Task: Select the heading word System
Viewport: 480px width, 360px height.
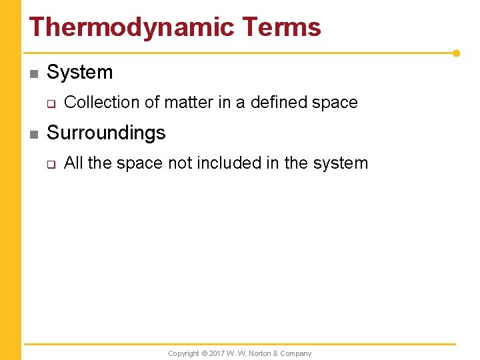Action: [80, 72]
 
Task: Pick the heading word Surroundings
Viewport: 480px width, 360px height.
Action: [106, 133]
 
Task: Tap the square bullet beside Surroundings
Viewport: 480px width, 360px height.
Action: [34, 134]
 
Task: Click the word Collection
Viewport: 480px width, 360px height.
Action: [102, 103]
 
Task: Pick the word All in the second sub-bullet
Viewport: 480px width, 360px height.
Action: [73, 163]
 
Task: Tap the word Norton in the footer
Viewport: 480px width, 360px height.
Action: [260, 353]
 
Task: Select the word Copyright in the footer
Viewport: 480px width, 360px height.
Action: [183, 353]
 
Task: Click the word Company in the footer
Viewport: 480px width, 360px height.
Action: [296, 353]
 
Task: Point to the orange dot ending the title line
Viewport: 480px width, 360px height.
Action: [456, 53]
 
